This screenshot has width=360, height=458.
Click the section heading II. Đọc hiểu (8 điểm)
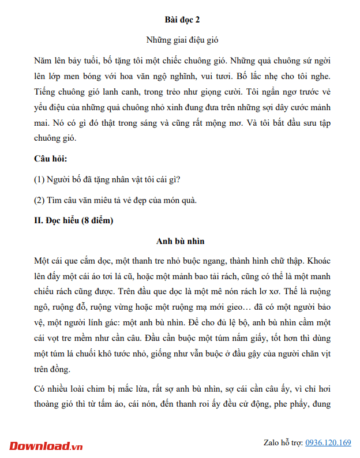pos(73,220)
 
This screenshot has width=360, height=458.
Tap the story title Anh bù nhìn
pos(181,241)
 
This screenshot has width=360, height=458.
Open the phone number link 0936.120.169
pos(328,443)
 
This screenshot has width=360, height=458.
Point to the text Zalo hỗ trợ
pos(283,443)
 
